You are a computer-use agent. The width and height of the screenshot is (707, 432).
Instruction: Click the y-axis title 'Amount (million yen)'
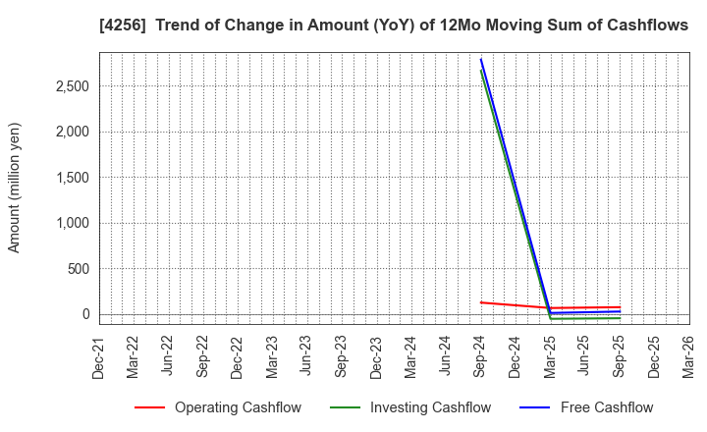pyautogui.click(x=15, y=188)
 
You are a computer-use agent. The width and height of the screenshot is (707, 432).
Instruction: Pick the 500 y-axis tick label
pyautogui.click(x=79, y=269)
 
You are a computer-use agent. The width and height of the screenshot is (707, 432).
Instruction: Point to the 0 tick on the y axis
pyautogui.click(x=86, y=314)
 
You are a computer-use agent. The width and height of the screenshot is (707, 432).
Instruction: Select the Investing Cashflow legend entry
pyautogui.click(x=404, y=407)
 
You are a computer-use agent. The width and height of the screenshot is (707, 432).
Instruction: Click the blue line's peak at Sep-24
pyautogui.click(x=481, y=59)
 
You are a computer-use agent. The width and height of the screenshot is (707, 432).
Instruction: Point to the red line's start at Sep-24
pyautogui.click(x=481, y=302)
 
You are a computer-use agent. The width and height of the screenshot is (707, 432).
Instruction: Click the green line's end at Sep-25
pyautogui.click(x=620, y=318)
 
